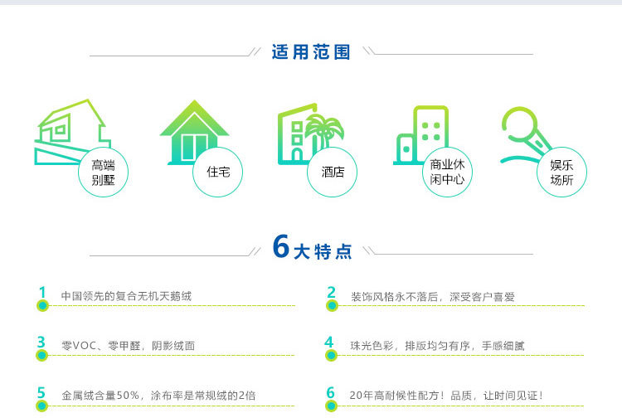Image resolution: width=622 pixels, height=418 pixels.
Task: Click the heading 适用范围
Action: (311, 52)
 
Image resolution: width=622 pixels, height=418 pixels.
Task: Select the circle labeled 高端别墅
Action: (104, 173)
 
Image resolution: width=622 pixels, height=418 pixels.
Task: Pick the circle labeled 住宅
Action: (218, 173)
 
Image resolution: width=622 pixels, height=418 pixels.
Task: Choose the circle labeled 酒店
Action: (333, 173)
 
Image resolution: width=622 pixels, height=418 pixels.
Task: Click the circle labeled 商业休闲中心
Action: (447, 173)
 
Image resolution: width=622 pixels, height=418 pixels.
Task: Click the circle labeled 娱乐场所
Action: (561, 173)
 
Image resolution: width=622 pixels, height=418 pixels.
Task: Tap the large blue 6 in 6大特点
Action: (281, 246)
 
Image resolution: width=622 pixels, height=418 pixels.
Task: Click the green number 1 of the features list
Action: (41, 292)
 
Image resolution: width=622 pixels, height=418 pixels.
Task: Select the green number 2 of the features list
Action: (331, 292)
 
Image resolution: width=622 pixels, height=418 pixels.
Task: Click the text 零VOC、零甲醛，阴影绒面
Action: (128, 345)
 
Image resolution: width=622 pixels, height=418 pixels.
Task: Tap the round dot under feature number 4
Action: (332, 356)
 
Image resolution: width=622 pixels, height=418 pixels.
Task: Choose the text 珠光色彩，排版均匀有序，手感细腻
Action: (437, 345)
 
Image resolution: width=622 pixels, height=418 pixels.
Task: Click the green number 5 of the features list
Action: (41, 392)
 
